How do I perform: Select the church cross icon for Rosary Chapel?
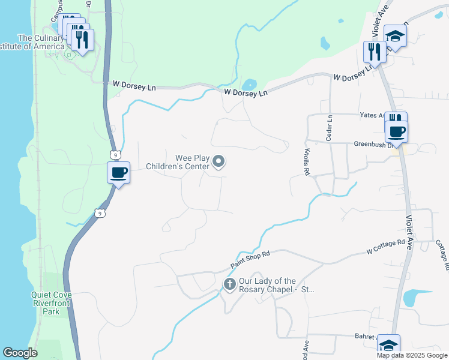coord(229,284)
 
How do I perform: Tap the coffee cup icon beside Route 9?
coord(118,173)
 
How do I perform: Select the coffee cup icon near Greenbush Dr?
coord(396,131)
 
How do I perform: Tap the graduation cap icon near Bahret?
coord(388,345)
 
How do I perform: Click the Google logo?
coord(20,353)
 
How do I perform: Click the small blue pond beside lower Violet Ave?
coord(416,298)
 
